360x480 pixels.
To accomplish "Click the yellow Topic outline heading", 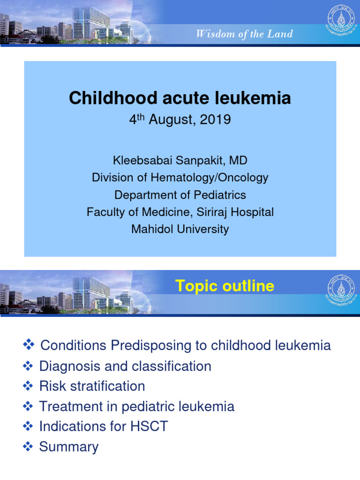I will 225,286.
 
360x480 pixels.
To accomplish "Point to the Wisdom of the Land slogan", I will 244,34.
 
